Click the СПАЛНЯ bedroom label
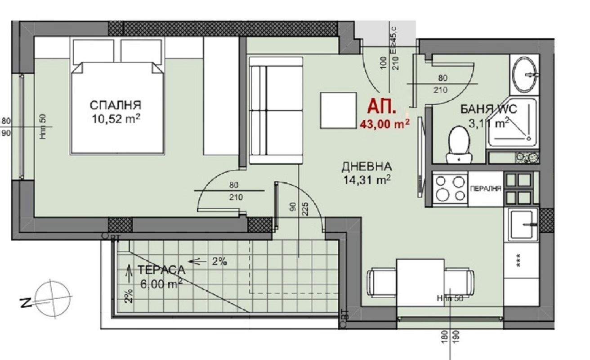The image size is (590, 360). coord(115,105)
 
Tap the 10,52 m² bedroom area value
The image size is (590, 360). coord(115,120)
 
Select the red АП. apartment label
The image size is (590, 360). coord(382,108)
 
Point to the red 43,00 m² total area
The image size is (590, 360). coord(384,124)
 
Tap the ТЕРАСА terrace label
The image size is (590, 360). coord(161,270)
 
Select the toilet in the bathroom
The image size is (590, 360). coord(458,143)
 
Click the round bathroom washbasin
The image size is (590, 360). coord(524,74)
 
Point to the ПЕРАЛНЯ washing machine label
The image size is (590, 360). coord(486,189)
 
